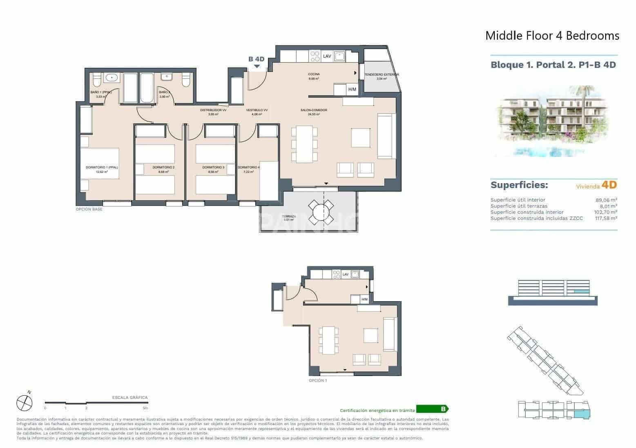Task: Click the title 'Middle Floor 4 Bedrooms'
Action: pyautogui.click(x=552, y=36)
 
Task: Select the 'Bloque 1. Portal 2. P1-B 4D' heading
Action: pyautogui.click(x=553, y=65)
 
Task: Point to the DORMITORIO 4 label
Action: pyautogui.click(x=248, y=168)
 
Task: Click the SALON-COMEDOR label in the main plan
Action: pyautogui.click(x=314, y=110)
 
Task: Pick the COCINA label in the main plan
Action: pyautogui.click(x=314, y=74)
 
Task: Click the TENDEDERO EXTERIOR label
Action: pyautogui.click(x=381, y=75)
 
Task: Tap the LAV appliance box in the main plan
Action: pyautogui.click(x=327, y=56)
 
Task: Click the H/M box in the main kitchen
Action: pyautogui.click(x=352, y=90)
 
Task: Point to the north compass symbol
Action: pyautogui.click(x=24, y=403)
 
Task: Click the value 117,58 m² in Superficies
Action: pyautogui.click(x=605, y=218)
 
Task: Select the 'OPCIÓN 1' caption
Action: pyautogui.click(x=318, y=381)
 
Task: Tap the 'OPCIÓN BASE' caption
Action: pyautogui.click(x=89, y=209)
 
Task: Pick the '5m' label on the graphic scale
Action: pyautogui.click(x=145, y=408)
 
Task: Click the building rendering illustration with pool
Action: pyautogui.click(x=553, y=121)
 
